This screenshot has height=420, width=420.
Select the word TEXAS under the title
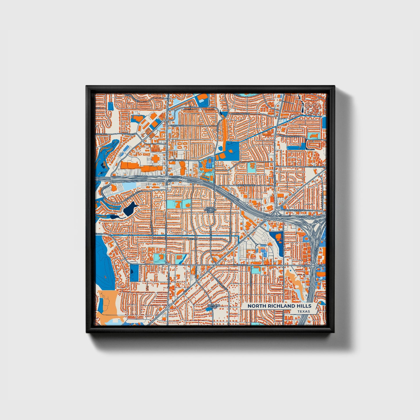303,311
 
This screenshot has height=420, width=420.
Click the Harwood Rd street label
317,167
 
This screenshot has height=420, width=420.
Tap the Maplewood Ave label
246,185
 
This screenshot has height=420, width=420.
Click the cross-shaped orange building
155,158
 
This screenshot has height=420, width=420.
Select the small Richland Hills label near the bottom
214,306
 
